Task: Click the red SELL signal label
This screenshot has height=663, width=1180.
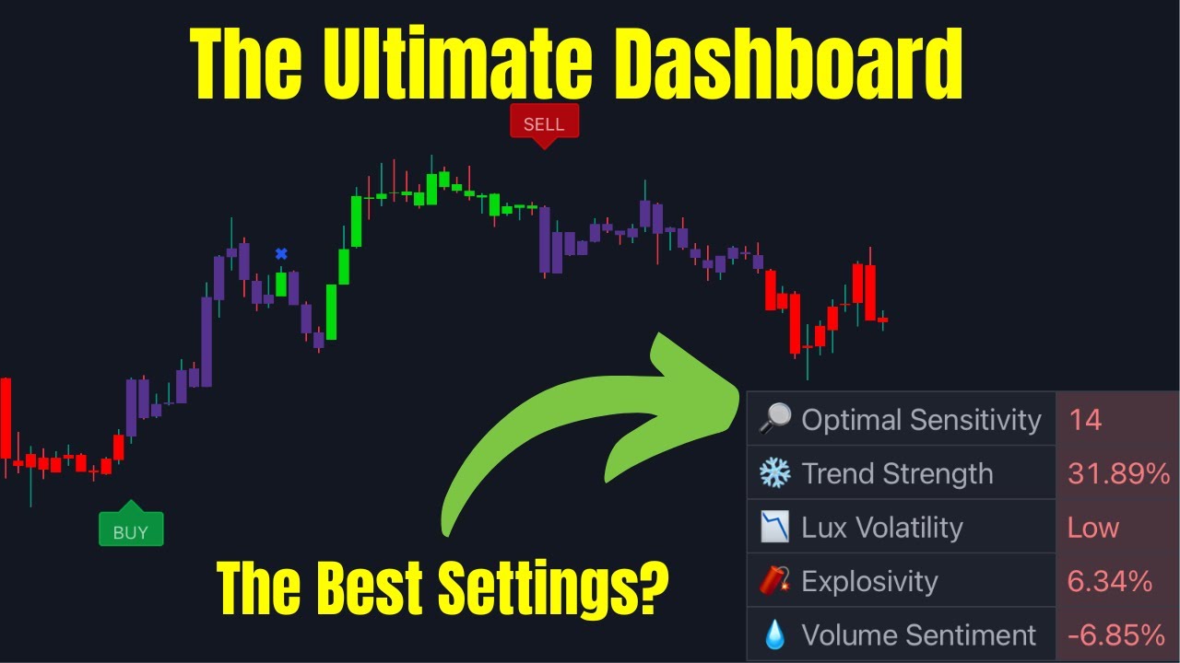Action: point(544,124)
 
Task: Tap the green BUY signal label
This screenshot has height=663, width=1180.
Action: point(130,531)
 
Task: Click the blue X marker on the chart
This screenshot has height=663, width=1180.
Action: point(281,254)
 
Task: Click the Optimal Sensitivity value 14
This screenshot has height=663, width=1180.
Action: point(1085,420)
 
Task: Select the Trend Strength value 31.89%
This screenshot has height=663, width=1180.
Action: point(1117,473)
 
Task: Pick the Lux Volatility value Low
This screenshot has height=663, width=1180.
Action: point(1092,528)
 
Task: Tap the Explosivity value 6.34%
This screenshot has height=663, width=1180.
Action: point(1109,581)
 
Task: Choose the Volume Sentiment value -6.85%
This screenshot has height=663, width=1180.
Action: point(1115,635)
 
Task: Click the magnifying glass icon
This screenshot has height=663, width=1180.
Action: point(774,419)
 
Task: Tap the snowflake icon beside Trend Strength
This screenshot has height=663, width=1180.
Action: point(774,473)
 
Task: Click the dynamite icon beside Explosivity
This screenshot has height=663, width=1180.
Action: point(774,581)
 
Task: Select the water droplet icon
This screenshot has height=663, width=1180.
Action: point(774,635)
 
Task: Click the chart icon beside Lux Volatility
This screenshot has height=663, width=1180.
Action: point(774,528)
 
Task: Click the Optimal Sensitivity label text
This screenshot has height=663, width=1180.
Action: point(921,420)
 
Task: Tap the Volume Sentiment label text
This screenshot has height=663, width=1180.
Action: point(918,635)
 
